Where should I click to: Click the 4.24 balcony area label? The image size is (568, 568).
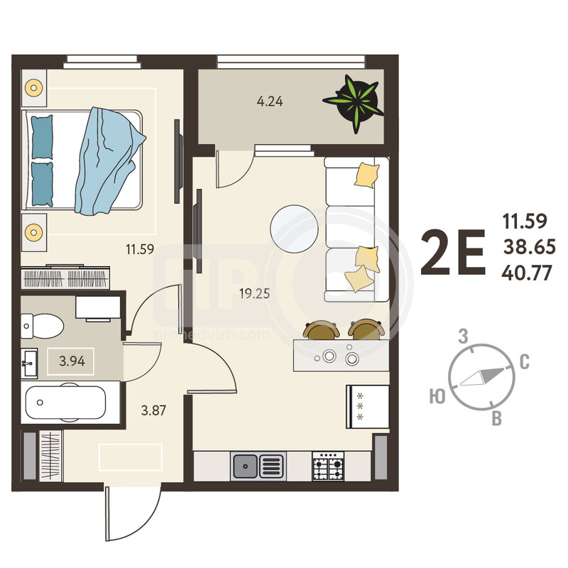tap(270, 102)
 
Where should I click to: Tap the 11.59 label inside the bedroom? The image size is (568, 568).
tap(140, 249)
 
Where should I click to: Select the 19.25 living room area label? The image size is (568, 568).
tap(255, 293)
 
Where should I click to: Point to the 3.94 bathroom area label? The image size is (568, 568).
tap(72, 361)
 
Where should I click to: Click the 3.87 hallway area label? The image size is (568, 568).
tap(153, 410)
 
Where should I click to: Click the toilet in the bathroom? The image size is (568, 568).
tap(42, 326)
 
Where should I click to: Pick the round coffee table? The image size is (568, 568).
tap(294, 229)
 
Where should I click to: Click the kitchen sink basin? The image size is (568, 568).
tap(245, 466)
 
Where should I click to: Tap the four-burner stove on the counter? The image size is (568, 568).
tap(328, 466)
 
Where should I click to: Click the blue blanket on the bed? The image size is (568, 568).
tap(109, 162)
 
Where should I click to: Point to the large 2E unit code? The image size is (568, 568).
tap(453, 252)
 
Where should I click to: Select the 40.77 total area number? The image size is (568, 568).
tap(527, 273)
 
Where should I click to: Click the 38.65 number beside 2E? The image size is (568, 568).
tap(530, 247)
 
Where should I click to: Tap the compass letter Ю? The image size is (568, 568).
tap(437, 396)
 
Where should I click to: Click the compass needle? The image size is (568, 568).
tap(482, 377)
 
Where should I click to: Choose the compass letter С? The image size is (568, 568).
tap(525, 361)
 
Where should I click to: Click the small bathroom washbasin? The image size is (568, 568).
tap(29, 364)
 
